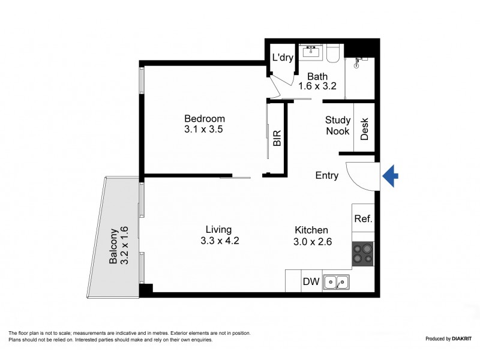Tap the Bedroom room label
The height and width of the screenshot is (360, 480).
pos(205,118)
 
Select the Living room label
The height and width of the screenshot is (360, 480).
pos(218,230)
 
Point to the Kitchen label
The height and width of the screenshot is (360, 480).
pos(311,230)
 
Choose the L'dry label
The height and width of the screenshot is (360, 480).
pos(282,58)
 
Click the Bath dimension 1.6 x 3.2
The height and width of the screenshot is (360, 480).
pos(317,86)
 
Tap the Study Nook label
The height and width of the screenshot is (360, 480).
pos(337,125)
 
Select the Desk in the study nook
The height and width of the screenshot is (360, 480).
pos(364,129)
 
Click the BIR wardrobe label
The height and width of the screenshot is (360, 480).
pos(277,139)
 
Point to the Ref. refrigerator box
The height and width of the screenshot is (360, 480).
pos(364,219)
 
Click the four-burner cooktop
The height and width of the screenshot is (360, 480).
pos(362,253)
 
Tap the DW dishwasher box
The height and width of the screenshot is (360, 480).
pos(310,281)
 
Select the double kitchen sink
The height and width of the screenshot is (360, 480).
pos(335,281)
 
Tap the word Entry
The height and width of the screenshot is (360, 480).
pos(327,176)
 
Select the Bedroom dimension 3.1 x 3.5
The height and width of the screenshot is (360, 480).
pos(205,129)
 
